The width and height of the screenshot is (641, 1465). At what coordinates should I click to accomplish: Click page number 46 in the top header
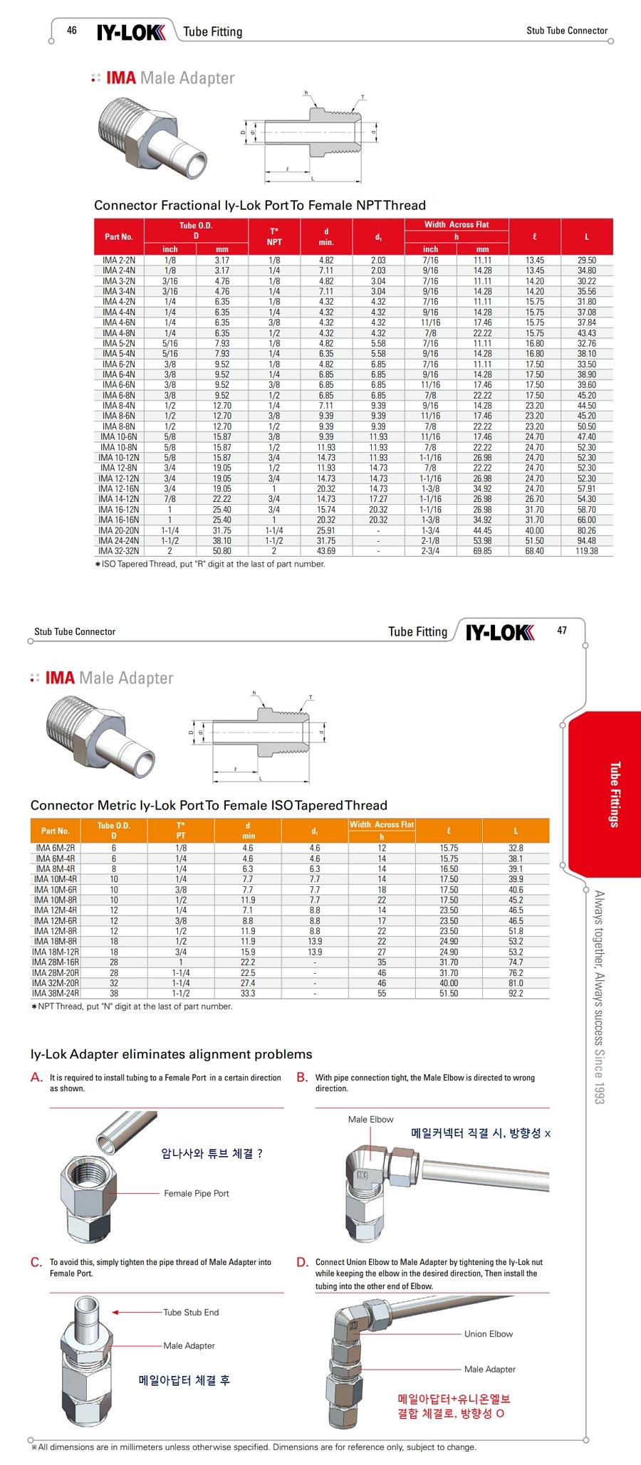point(71,30)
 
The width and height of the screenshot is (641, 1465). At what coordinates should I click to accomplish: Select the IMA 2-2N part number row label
point(119,261)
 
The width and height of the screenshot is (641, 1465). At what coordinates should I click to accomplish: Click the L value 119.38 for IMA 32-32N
point(587,551)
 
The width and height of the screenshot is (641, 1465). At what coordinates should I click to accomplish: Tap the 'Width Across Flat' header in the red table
point(457,225)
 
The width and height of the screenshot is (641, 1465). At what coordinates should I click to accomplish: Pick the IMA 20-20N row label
point(119,530)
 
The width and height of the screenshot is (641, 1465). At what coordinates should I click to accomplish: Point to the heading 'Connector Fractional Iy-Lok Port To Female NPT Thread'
point(260,206)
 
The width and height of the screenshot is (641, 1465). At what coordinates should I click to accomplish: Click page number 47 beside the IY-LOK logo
point(562,630)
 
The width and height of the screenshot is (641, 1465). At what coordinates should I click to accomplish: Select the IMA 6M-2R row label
point(56,849)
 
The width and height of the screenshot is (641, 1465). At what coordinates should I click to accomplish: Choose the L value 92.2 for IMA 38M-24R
point(516,994)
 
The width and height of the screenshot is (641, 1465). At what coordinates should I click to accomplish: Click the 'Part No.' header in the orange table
point(56,831)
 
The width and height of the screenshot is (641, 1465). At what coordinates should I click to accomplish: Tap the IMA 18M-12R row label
point(56,952)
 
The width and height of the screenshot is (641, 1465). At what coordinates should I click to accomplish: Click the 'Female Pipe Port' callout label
point(197,1194)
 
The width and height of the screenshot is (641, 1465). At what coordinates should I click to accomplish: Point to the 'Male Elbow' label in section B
point(370,1120)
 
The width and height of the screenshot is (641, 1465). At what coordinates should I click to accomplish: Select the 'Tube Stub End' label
point(191,1313)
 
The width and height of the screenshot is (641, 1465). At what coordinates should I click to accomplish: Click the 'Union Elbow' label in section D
point(489,1334)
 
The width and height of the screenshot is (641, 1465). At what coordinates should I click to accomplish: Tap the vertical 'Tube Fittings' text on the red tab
point(614,794)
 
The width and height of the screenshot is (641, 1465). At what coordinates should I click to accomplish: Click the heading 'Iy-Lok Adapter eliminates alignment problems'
point(171,1054)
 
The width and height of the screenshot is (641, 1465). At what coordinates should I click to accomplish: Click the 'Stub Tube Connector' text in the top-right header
point(567,31)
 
